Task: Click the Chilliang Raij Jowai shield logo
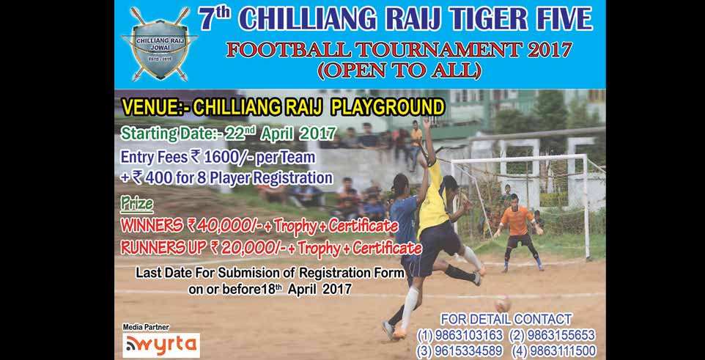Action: [x=160, y=44]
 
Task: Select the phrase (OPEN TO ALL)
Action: [x=399, y=70]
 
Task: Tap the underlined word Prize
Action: [x=137, y=204]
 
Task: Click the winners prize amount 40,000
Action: [x=227, y=225]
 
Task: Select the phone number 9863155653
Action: [x=561, y=335]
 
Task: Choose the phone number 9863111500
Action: [x=563, y=350]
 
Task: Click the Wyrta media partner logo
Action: [x=161, y=345]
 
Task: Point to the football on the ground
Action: [x=502, y=303]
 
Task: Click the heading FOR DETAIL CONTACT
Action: [x=506, y=319]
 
